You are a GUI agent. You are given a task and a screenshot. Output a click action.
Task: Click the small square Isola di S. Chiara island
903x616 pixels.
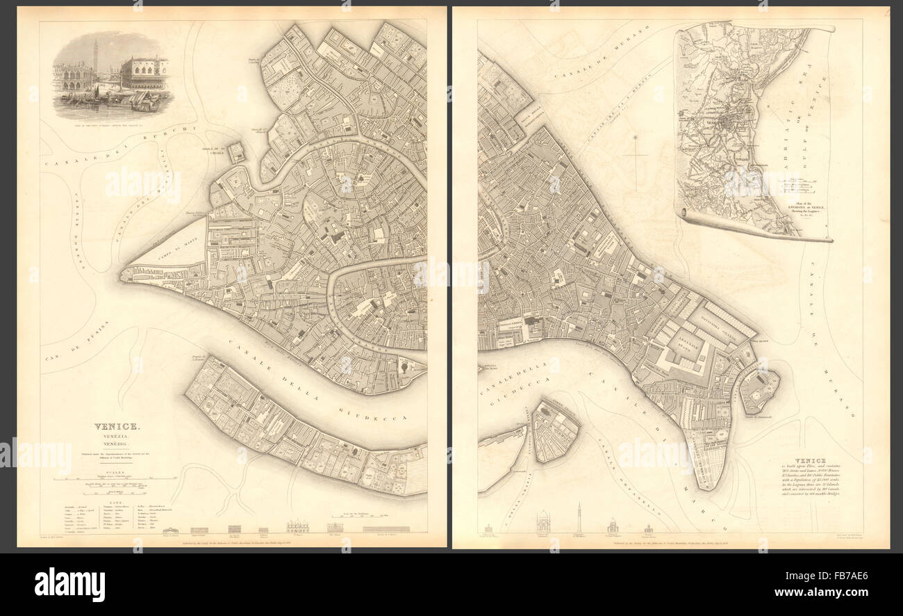[x=238, y=152]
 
